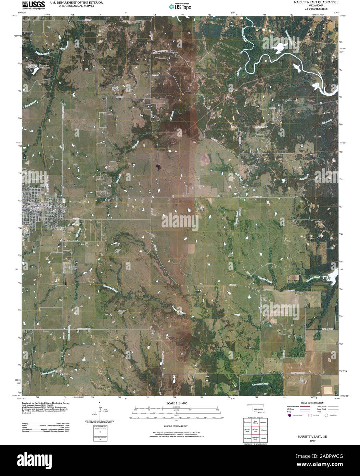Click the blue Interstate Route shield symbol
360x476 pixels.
[x=290, y=415]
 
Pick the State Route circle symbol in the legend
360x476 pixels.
[x=326, y=415]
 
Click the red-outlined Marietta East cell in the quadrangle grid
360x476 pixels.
[x=255, y=430]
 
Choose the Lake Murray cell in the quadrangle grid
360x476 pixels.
[x=255, y=422]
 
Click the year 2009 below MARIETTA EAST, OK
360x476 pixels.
[x=312, y=441]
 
